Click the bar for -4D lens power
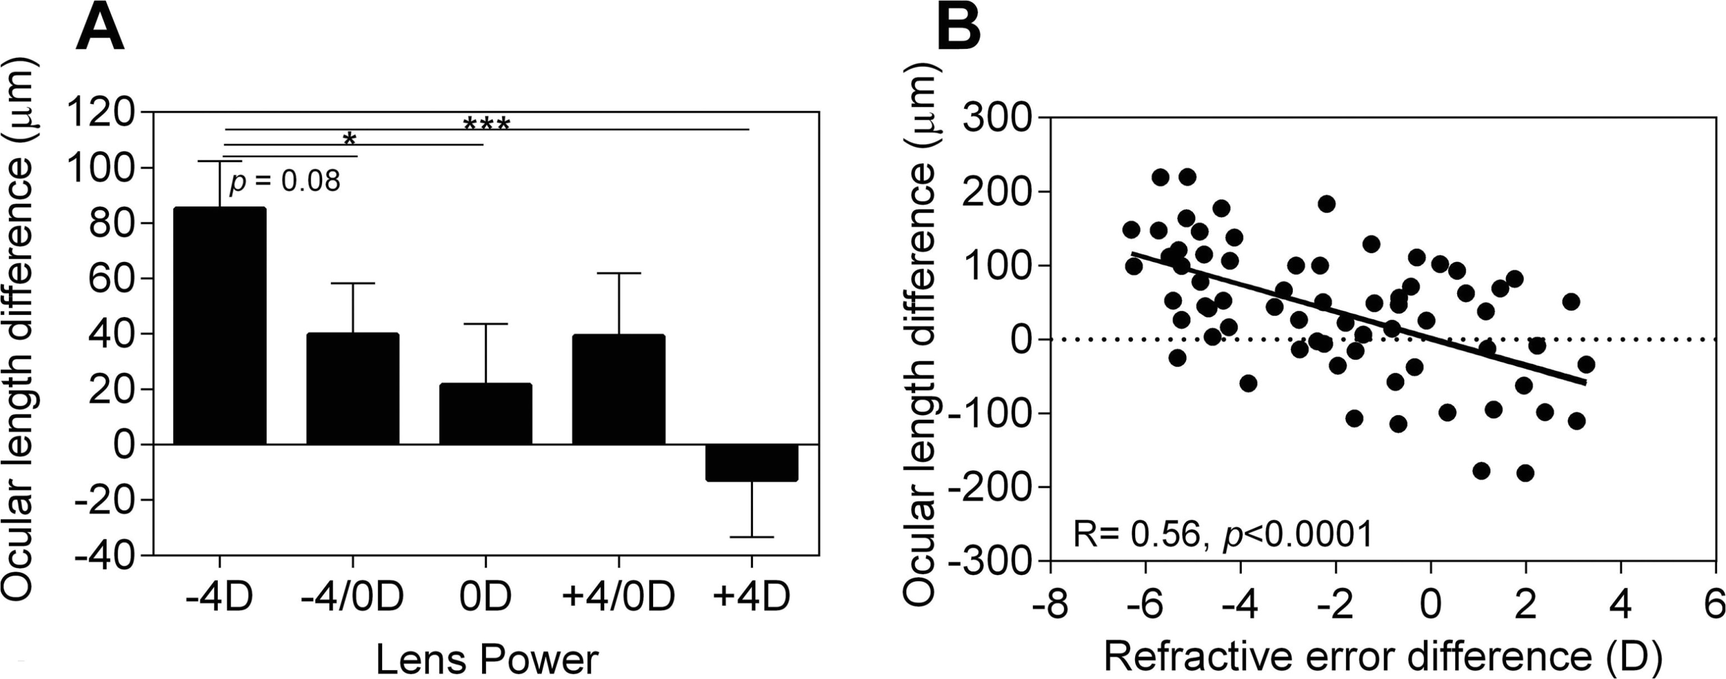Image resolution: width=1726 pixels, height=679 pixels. [x=220, y=326]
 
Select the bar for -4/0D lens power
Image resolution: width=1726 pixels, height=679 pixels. [x=352, y=389]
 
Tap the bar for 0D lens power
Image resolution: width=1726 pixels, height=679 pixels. [x=486, y=414]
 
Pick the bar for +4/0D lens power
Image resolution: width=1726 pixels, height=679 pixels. [x=618, y=389]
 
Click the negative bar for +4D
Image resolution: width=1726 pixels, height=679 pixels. [x=752, y=462]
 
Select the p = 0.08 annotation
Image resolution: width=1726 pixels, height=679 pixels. [x=284, y=181]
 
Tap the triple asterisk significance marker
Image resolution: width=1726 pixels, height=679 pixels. [x=486, y=125]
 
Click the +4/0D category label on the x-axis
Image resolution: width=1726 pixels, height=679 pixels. [x=618, y=597]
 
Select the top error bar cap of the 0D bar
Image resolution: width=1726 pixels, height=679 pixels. [x=486, y=324]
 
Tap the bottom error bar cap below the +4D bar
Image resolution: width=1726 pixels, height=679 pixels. [x=752, y=537]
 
